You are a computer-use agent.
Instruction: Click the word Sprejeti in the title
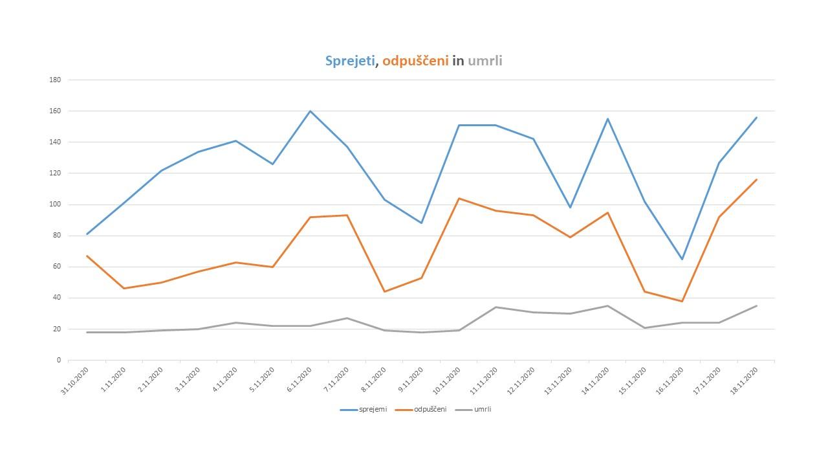tap(349, 61)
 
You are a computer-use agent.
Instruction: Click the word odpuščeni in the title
tap(415, 61)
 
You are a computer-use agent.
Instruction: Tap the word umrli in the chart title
tap(485, 61)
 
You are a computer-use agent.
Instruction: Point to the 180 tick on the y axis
tap(55, 80)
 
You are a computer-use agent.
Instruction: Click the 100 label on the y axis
tap(55, 205)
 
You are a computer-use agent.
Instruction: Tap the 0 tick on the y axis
tap(58, 361)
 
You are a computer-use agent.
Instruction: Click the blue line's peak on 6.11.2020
tap(310, 111)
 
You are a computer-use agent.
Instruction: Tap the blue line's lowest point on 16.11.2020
tap(682, 259)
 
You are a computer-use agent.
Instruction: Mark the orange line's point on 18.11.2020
tap(756, 180)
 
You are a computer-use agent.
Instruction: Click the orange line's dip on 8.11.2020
tap(384, 291)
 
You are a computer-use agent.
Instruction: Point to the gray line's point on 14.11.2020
tap(607, 305)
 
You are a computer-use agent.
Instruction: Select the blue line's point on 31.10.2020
tap(87, 234)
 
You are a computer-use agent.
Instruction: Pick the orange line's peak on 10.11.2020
tap(459, 198)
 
